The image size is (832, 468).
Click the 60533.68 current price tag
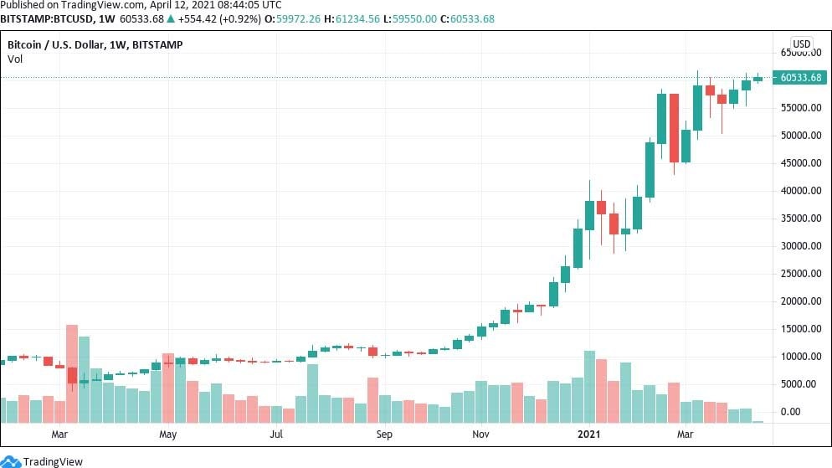pyautogui.click(x=801, y=78)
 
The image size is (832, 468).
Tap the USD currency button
pyautogui.click(x=801, y=44)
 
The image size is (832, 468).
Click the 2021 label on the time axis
pyautogui.click(x=589, y=435)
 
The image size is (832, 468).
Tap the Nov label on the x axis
pyautogui.click(x=480, y=435)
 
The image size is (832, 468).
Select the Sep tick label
pyautogui.click(x=384, y=435)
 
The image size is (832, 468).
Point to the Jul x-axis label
pyautogui.click(x=276, y=435)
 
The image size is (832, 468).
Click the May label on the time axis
pyautogui.click(x=168, y=435)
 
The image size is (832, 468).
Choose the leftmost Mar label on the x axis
pyautogui.click(x=59, y=435)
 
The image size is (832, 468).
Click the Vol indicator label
pyautogui.click(x=15, y=59)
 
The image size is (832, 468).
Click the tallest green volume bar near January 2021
pyautogui.click(x=589, y=387)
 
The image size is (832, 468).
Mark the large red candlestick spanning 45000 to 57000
pyautogui.click(x=674, y=127)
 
